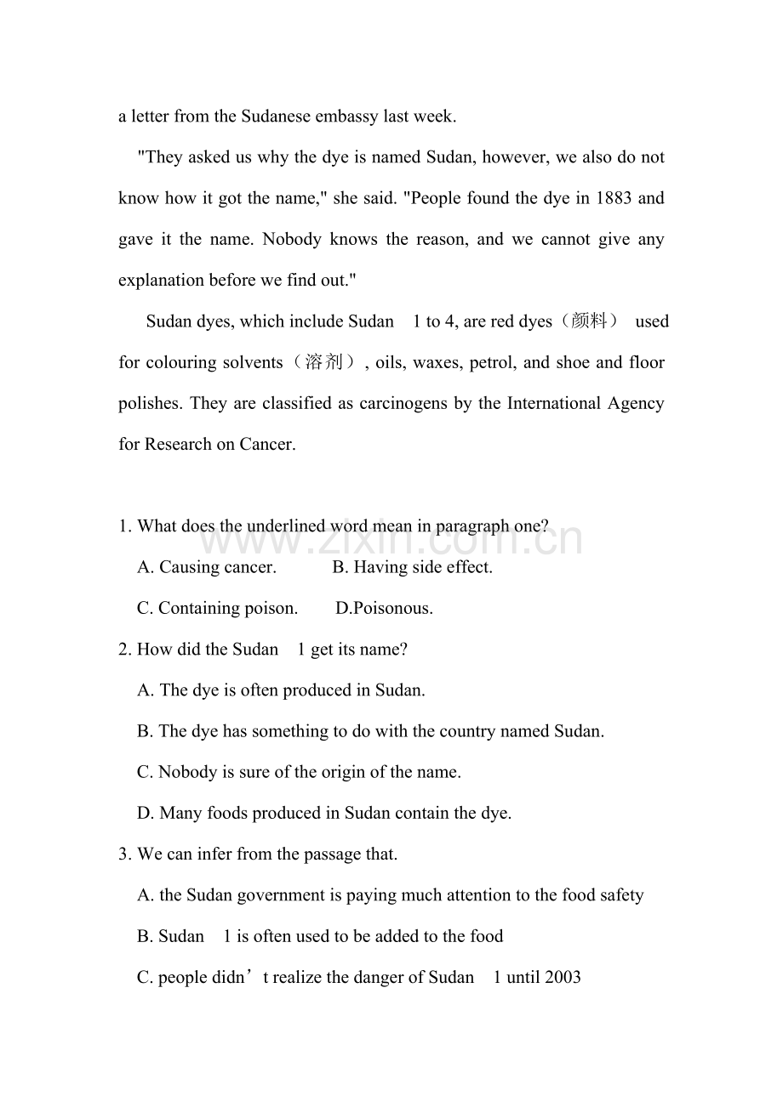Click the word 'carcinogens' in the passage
404,403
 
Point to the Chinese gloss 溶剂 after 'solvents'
323,362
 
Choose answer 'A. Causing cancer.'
207,567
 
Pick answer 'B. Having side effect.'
412,567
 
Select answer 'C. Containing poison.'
218,608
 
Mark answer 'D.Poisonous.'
384,608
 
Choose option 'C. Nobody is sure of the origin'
299,772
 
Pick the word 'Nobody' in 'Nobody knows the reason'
292,240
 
